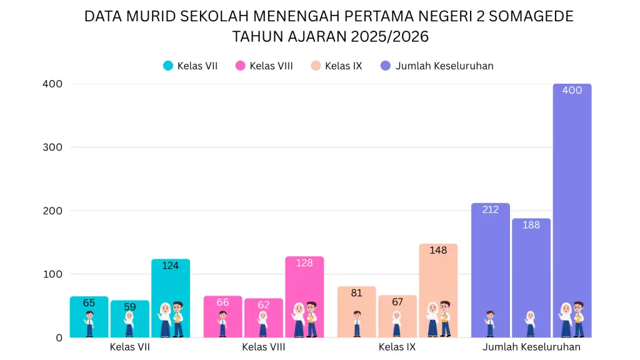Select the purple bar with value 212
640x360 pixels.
pyautogui.click(x=491, y=262)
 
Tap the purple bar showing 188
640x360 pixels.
pyautogui.click(x=531, y=269)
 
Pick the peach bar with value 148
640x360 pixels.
pyautogui.click(x=438, y=281)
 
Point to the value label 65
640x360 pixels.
pyautogui.click(x=89, y=303)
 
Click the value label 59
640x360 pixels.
pyautogui.click(x=129, y=307)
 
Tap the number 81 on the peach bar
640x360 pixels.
pyautogui.click(x=356, y=292)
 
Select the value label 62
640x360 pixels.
pyautogui.click(x=263, y=305)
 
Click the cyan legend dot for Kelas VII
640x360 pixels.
pyautogui.click(x=168, y=66)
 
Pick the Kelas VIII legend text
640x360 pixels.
pyautogui.click(x=271, y=66)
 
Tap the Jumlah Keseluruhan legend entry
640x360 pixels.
pyautogui.click(x=444, y=66)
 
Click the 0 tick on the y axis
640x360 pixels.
pyautogui.click(x=59, y=338)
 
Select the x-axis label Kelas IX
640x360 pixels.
pyautogui.click(x=397, y=347)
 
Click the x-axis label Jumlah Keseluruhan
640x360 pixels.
pyautogui.click(x=531, y=347)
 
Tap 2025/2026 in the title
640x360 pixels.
pyautogui.click(x=389, y=37)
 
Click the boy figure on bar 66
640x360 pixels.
pyautogui.click(x=222, y=324)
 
